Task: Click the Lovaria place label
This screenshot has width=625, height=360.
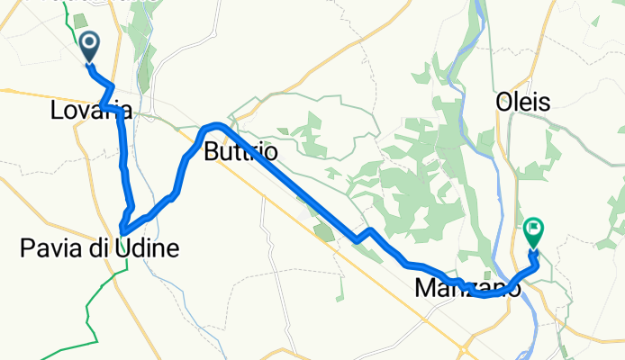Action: click(92, 112)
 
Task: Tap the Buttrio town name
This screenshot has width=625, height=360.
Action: click(240, 152)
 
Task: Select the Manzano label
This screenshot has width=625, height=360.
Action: click(466, 290)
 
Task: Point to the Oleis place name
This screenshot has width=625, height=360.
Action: click(522, 103)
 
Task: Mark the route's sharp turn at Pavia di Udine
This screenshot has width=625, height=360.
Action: click(122, 225)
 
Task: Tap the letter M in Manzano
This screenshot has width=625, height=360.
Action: click(425, 290)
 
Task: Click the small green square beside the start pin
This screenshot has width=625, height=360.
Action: click(78, 21)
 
